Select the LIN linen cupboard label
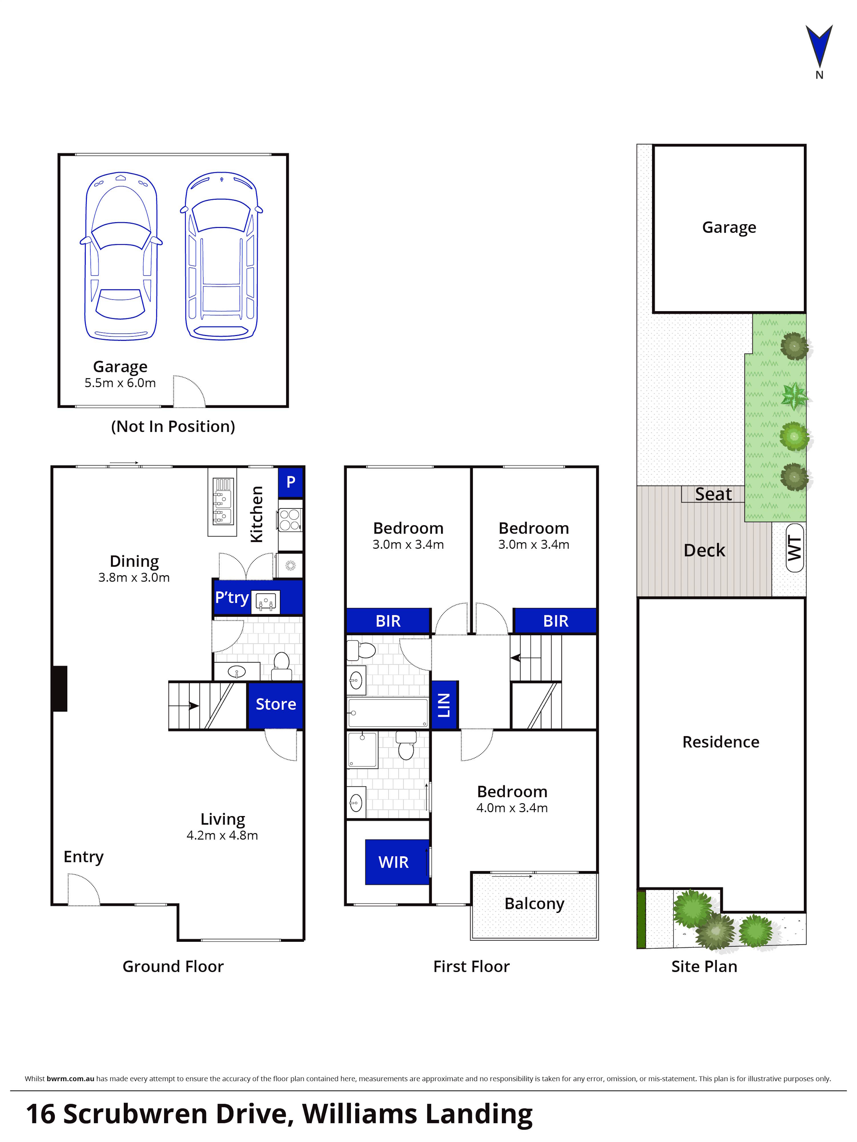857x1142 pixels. [x=444, y=705]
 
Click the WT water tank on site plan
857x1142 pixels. [x=794, y=548]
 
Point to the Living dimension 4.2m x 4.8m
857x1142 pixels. [x=222, y=835]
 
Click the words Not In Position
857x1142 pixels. [x=173, y=426]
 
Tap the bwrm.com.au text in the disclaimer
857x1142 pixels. [x=70, y=1079]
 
